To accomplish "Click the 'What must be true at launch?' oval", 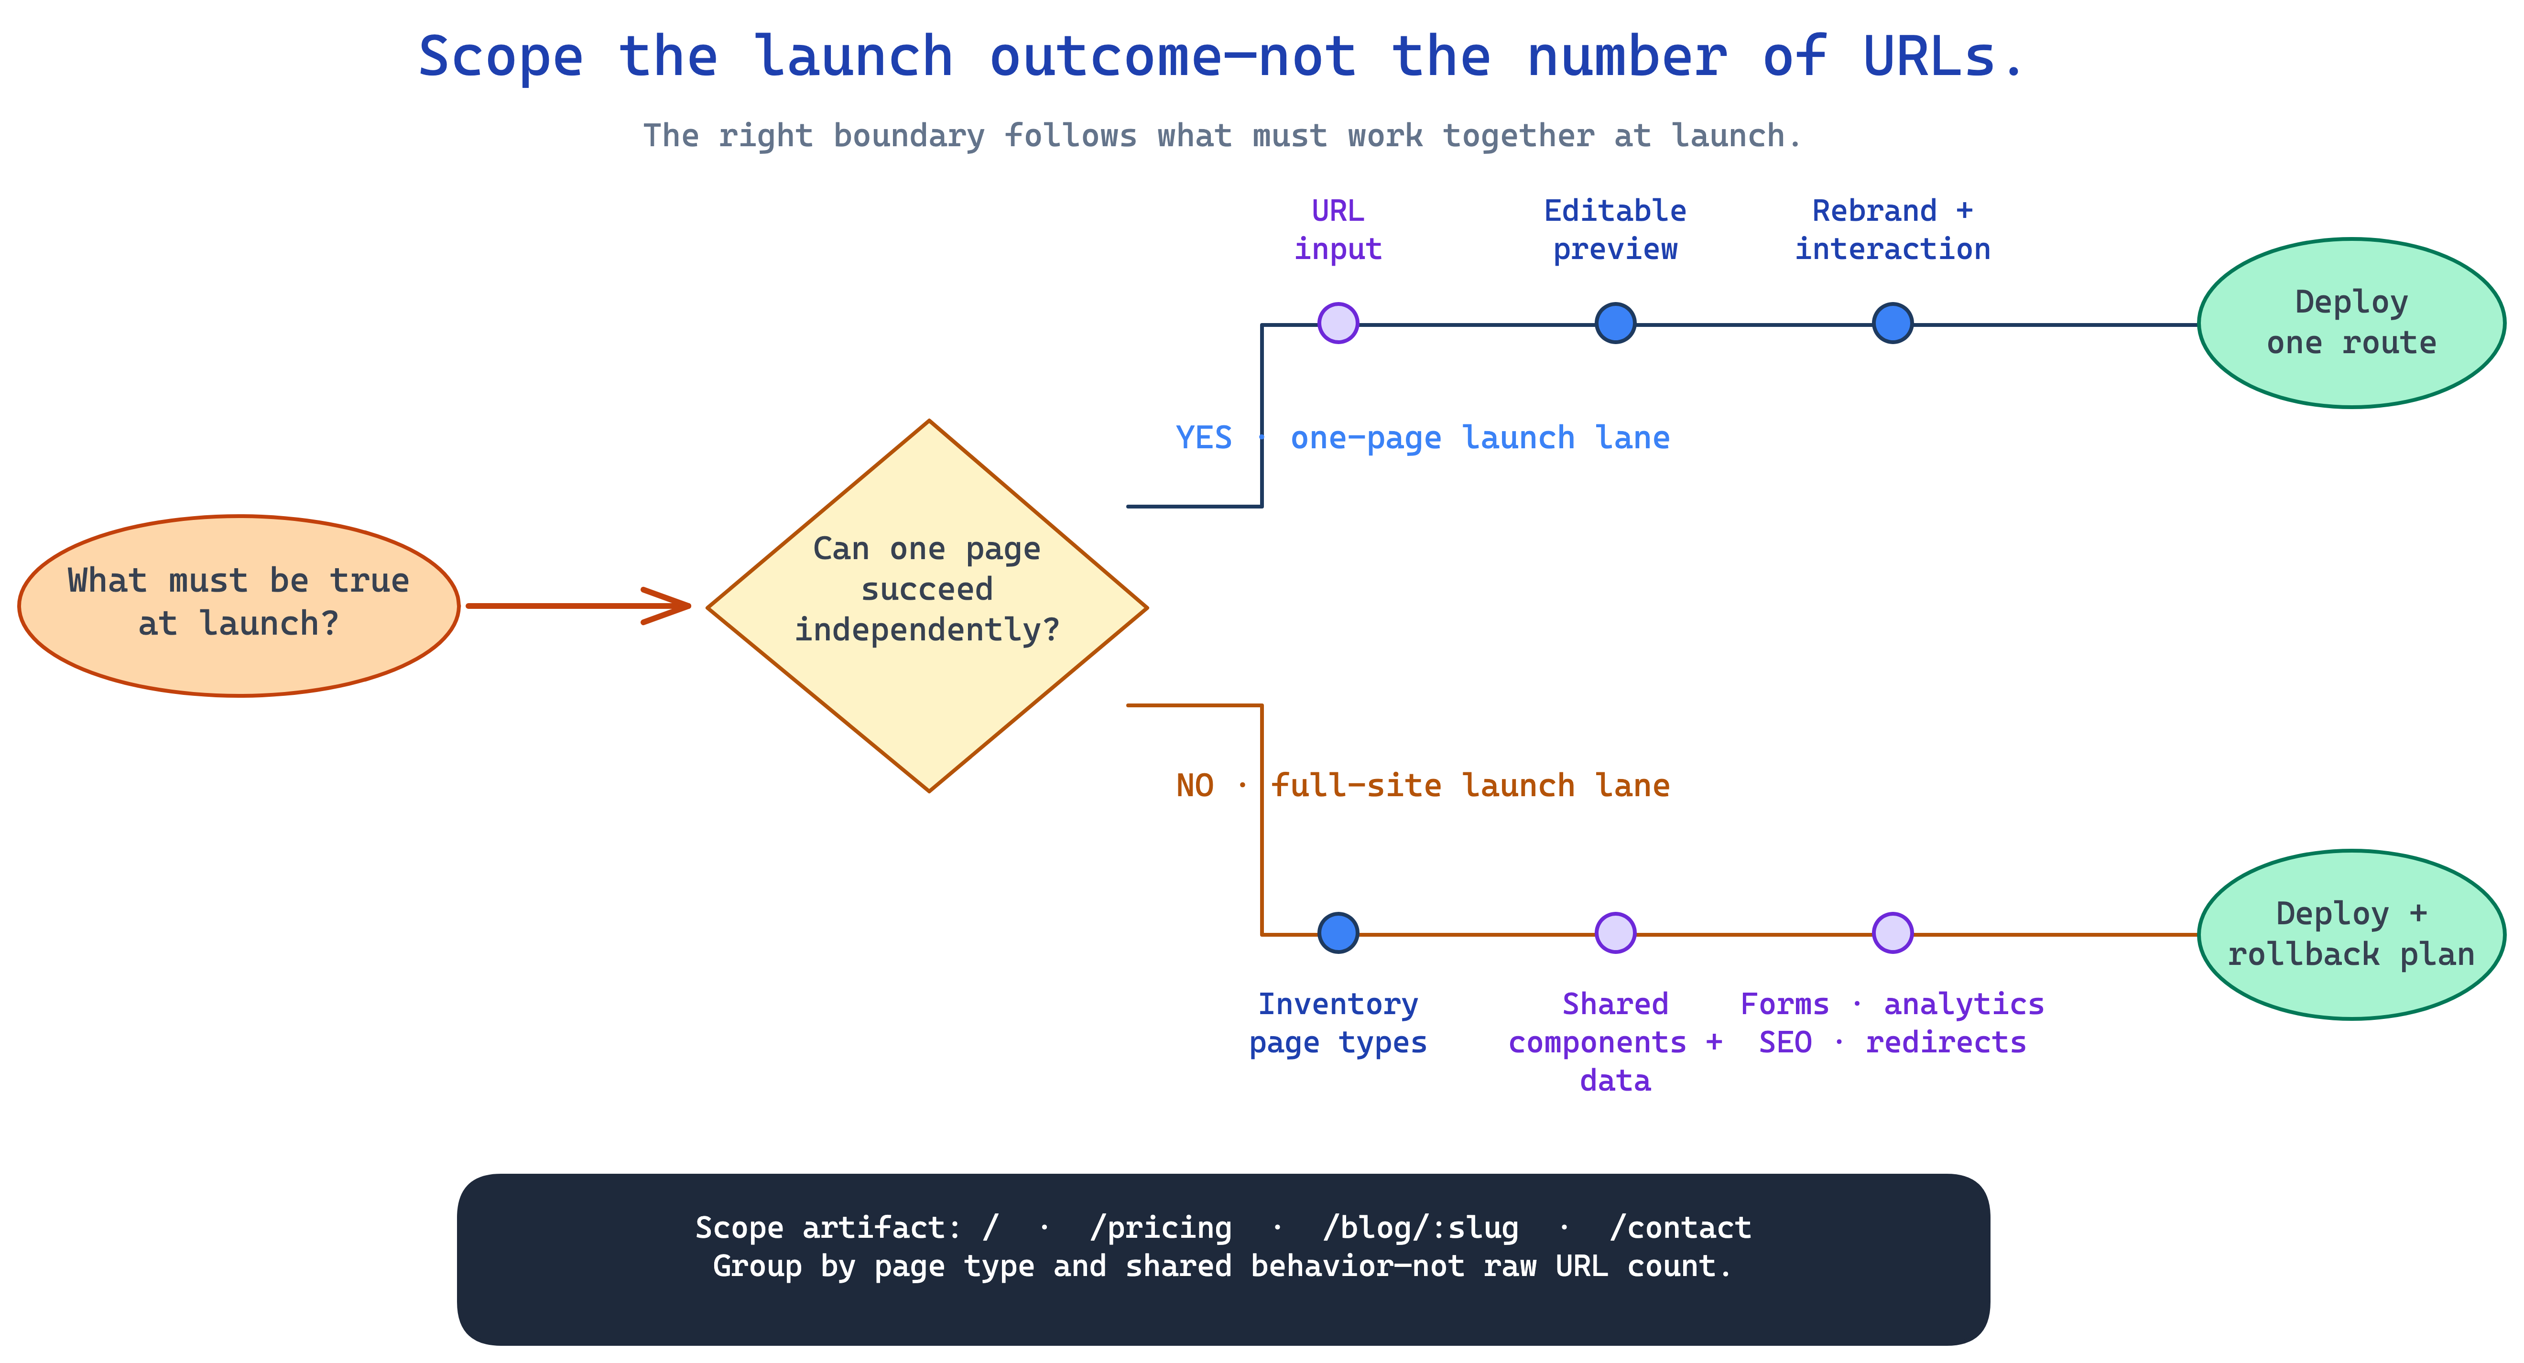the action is [x=239, y=606].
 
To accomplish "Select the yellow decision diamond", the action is [x=928, y=606].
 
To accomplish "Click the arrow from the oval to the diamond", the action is [x=578, y=606].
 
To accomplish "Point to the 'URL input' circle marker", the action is [x=1338, y=323].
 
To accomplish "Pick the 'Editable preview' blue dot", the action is [x=1616, y=323].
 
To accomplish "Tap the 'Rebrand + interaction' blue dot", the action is [x=1893, y=323].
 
